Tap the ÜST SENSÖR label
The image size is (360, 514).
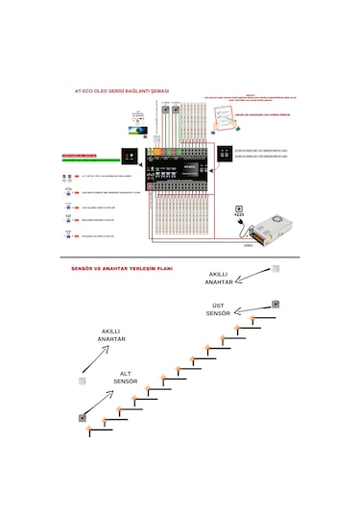[219, 308]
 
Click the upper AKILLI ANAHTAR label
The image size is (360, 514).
[219, 278]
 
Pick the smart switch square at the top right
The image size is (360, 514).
[276, 270]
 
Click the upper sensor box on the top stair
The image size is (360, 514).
[276, 305]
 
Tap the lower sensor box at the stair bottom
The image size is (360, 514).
[84, 418]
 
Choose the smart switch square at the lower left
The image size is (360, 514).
[84, 381]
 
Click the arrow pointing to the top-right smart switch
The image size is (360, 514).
[252, 275]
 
